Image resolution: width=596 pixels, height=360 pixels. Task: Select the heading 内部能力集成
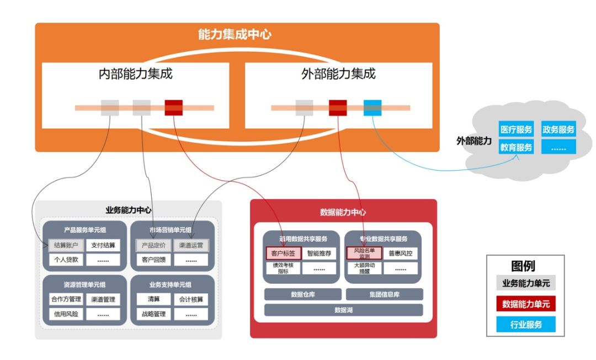[x=135, y=73]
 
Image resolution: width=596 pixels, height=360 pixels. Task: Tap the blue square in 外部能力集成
[x=372, y=108]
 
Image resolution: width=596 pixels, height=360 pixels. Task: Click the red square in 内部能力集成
[x=174, y=108]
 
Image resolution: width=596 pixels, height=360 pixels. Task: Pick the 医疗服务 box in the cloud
[x=516, y=130]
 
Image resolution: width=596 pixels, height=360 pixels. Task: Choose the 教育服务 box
[x=516, y=147]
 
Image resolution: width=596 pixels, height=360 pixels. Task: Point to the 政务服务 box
[x=558, y=130]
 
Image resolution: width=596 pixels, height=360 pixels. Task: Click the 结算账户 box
[x=66, y=245]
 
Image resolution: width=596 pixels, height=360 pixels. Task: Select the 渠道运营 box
[x=191, y=245]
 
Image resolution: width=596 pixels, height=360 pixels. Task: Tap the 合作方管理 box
[x=66, y=299]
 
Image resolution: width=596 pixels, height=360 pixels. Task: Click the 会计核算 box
[x=191, y=299]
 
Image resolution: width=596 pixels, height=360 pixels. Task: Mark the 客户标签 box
[x=284, y=254]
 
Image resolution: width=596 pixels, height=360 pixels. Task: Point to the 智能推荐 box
[x=319, y=254]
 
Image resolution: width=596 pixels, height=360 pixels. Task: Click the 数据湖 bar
[x=343, y=310]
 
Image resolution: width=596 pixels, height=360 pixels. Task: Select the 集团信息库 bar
[x=384, y=294]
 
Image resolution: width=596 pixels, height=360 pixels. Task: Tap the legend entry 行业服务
[x=525, y=325]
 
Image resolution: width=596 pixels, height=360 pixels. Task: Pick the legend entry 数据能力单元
[x=525, y=304]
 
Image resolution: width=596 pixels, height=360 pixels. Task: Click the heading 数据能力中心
[x=343, y=212]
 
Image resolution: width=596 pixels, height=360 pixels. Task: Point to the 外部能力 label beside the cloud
[x=473, y=141]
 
